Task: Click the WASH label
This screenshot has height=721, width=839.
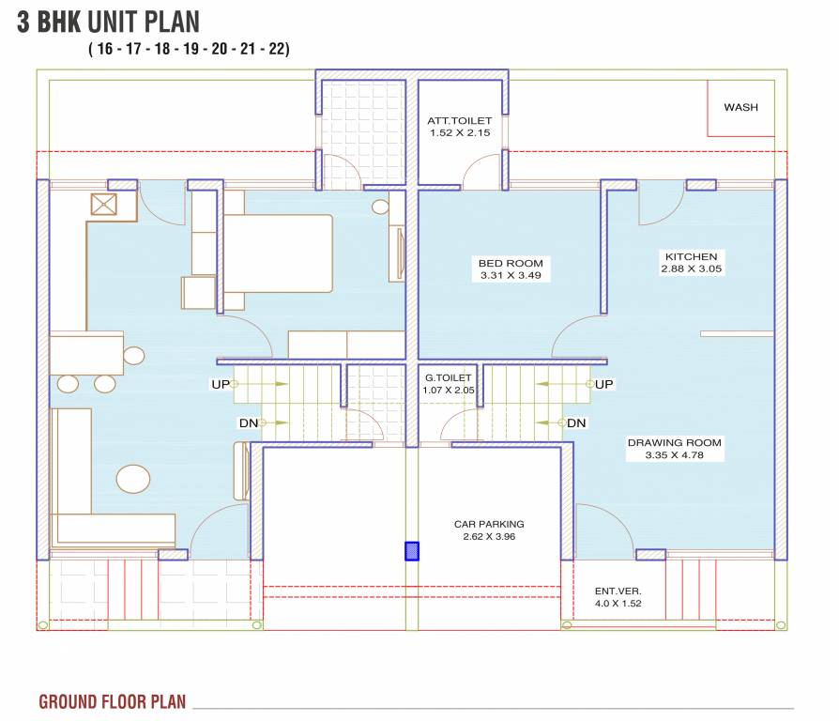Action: [740, 107]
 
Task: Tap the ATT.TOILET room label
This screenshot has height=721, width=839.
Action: [460, 121]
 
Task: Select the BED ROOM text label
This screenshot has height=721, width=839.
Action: [511, 264]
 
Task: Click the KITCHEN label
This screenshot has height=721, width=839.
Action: [691, 256]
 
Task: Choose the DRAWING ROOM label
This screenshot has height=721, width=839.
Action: [675, 442]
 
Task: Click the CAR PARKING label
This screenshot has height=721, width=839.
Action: [488, 524]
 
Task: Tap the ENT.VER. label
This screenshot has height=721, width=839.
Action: [618, 591]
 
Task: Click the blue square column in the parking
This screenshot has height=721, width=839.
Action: [412, 551]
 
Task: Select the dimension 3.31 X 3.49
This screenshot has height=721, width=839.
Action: [511, 276]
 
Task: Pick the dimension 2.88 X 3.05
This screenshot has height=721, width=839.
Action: [691, 268]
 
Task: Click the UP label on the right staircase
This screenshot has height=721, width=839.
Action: [603, 384]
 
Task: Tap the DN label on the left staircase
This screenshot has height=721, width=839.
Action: [248, 423]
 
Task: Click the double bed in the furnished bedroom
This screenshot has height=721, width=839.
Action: [277, 253]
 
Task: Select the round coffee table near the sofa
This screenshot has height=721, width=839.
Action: [132, 479]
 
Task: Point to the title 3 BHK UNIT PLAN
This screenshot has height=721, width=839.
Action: [108, 22]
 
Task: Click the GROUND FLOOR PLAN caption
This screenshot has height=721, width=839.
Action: [112, 701]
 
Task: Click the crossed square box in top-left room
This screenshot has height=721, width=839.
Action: [103, 205]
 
